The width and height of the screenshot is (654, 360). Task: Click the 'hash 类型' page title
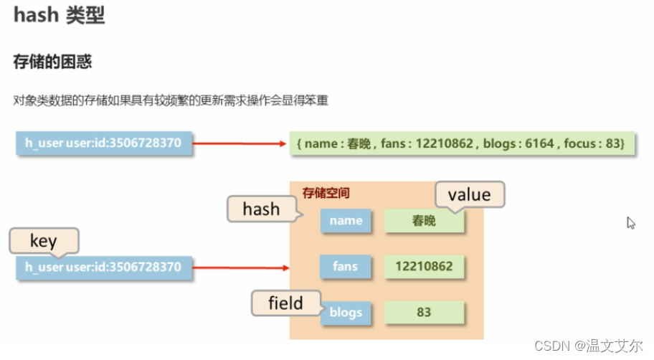tap(59, 16)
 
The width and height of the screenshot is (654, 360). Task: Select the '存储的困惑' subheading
tap(52, 62)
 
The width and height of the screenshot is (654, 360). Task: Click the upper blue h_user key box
tap(104, 144)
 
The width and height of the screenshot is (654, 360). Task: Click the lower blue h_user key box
tap(104, 267)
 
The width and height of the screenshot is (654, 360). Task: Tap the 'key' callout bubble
tap(43, 241)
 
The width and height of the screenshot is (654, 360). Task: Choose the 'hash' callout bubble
tap(261, 209)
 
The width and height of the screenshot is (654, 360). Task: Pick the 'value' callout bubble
tap(470, 194)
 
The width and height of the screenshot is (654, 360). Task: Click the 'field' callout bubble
tap(285, 303)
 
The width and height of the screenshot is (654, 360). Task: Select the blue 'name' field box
tap(346, 221)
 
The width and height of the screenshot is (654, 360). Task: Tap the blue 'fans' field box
tap(346, 267)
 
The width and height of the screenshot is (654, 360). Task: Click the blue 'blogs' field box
tap(346, 313)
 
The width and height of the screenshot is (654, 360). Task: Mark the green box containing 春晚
tap(425, 221)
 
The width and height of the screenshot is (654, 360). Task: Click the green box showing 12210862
tap(425, 267)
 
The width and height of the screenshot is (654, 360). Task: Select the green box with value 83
tap(425, 313)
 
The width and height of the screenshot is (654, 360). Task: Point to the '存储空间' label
tap(326, 193)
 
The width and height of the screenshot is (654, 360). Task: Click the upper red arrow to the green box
tap(240, 143)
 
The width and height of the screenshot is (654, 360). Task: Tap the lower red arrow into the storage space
tap(240, 268)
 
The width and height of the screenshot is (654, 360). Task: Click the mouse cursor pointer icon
tap(631, 222)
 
